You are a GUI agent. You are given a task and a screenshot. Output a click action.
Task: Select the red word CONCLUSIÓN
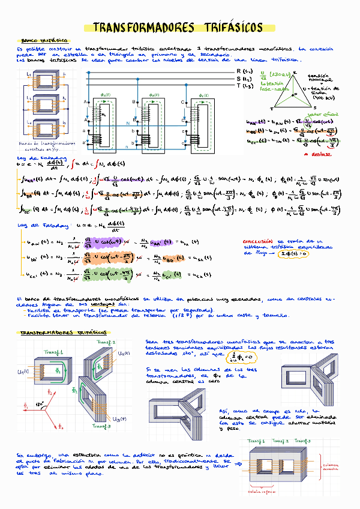[x=256, y=239]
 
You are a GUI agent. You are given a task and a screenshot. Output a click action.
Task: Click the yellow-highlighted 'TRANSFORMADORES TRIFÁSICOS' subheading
[x=63, y=332]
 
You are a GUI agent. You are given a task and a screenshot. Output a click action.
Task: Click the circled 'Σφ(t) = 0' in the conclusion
[x=293, y=253]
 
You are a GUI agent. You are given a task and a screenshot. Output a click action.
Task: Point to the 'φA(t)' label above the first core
[x=103, y=95]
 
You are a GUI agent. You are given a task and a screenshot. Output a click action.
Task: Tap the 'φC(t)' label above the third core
[x=202, y=95]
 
